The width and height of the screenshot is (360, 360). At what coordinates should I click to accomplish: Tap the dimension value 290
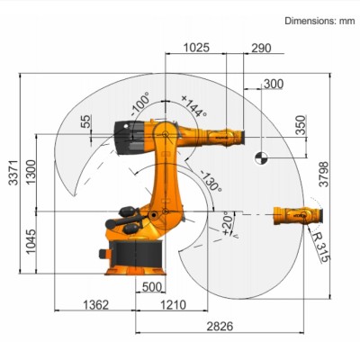(261, 47)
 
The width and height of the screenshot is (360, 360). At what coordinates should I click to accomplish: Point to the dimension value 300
(273, 84)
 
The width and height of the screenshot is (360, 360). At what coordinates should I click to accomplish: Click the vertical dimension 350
(301, 125)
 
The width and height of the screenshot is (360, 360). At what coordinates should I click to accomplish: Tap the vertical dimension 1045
(31, 241)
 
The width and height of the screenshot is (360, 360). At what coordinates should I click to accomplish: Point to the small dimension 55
(85, 121)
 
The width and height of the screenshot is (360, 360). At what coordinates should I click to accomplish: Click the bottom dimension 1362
(95, 305)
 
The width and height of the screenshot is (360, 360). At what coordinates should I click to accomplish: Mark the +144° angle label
(193, 107)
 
